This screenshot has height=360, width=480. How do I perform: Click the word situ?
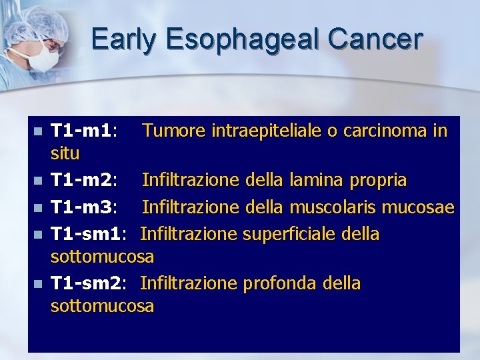[x=65, y=154]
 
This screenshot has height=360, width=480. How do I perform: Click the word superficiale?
[x=289, y=234]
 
